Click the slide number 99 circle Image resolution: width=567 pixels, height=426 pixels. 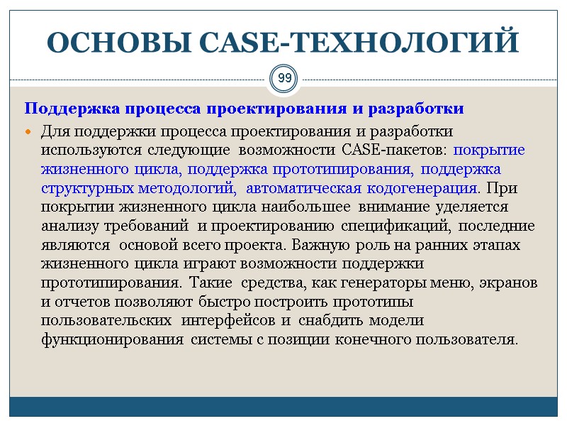[x=283, y=77]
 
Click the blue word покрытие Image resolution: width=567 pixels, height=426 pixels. [x=489, y=151]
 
